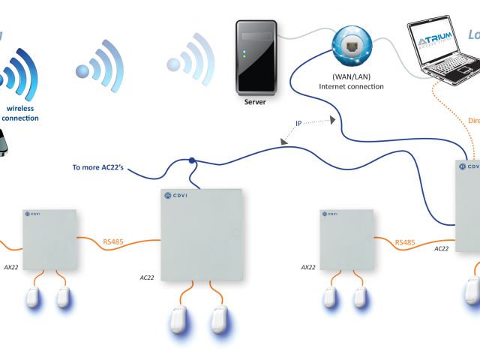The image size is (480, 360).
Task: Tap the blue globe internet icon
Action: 352,47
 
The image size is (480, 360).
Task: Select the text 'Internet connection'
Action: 351,87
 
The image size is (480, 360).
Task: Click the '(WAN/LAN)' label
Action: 351,76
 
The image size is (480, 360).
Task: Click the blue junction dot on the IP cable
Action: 193,160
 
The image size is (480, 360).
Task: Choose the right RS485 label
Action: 404,242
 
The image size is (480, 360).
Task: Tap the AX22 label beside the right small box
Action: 307,266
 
